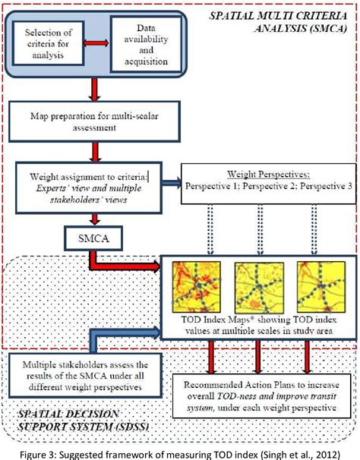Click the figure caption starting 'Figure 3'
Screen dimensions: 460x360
(180, 452)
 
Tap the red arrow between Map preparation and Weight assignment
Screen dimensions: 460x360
(94, 151)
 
